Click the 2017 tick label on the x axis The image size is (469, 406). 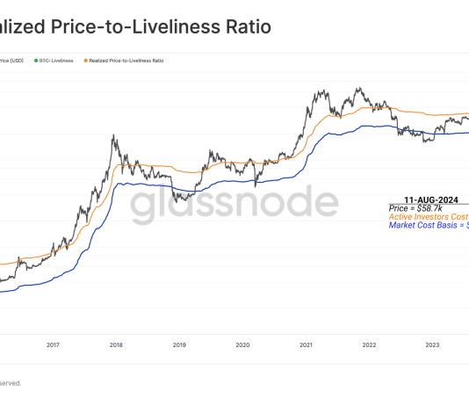(x=53, y=345)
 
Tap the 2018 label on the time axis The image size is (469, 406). (x=116, y=345)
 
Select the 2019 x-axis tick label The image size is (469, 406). (x=179, y=345)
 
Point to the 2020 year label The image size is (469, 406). (x=243, y=345)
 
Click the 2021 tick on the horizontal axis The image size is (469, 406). (x=307, y=345)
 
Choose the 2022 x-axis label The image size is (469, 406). (x=370, y=345)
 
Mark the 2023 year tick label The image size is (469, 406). (x=433, y=345)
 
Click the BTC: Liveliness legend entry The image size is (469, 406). (x=57, y=61)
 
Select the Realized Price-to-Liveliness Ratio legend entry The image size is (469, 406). (x=126, y=61)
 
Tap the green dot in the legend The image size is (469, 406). (x=36, y=61)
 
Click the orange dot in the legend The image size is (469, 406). (x=85, y=61)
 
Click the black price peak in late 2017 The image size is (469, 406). (x=114, y=136)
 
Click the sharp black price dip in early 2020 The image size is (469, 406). (x=256, y=185)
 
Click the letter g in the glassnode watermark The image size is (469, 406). (x=142, y=207)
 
